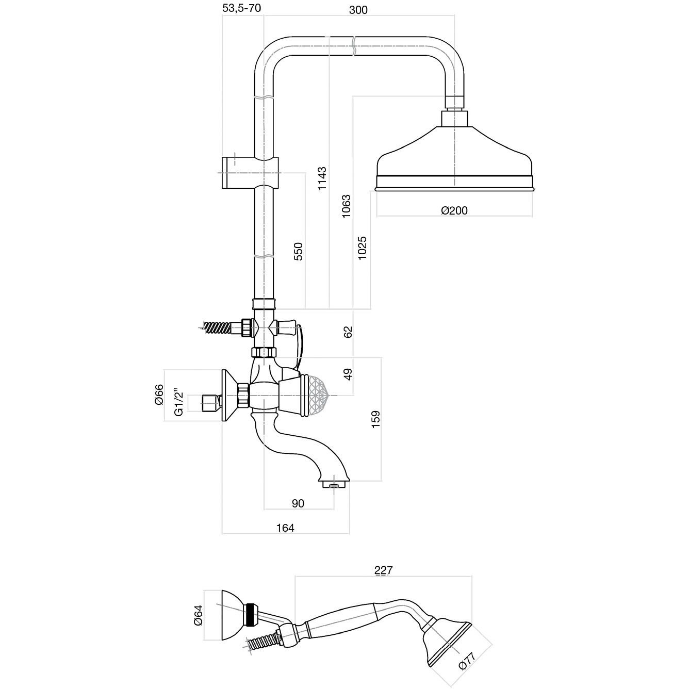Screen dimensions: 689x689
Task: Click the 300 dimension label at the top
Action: tap(358, 9)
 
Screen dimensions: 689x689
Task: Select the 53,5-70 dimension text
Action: tap(242, 8)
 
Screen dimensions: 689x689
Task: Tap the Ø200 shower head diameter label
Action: tap(454, 210)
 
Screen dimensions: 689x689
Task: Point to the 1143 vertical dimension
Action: tap(322, 178)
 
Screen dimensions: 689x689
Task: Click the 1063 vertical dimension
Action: tap(346, 206)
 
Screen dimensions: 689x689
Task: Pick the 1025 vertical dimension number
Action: tap(363, 248)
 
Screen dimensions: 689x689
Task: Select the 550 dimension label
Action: tap(299, 251)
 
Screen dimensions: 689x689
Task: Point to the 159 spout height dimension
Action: tap(376, 418)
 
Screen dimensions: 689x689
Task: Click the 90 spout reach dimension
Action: tap(298, 503)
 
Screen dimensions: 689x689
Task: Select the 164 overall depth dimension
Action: tap(285, 528)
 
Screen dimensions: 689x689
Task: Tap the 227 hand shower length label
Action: tap(383, 570)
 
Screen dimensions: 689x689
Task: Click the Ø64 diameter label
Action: tap(199, 615)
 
